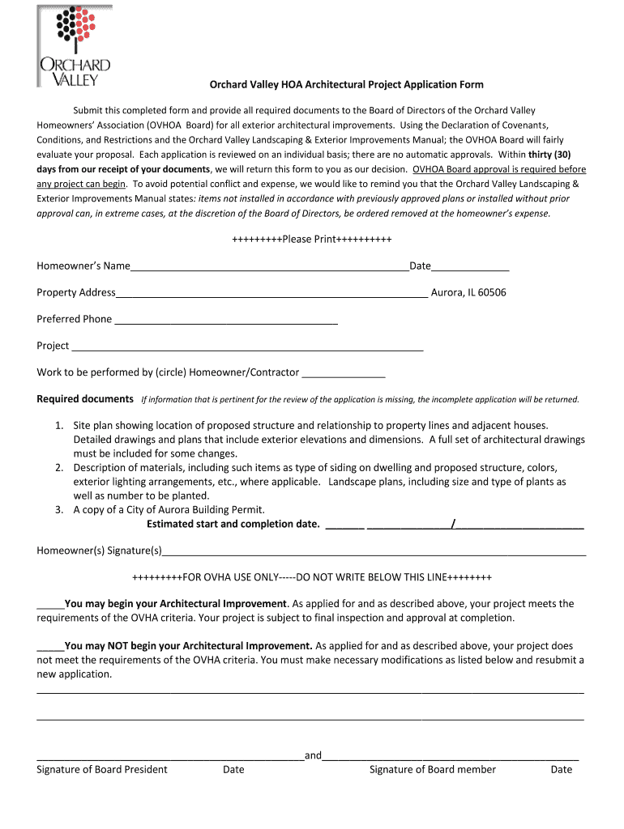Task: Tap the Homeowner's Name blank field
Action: tap(269, 267)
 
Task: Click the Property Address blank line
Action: tap(271, 293)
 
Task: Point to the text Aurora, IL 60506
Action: tap(468, 292)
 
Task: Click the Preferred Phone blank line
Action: tap(225, 320)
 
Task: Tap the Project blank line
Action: tap(247, 346)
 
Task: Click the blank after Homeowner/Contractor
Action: tap(343, 373)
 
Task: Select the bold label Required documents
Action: tap(85, 399)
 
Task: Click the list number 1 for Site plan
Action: tap(59, 425)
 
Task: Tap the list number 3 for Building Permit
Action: tap(59, 510)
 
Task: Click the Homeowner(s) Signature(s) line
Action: tap(374, 552)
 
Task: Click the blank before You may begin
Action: tap(50, 604)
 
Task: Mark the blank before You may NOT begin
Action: tap(50, 647)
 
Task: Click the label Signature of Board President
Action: tap(102, 770)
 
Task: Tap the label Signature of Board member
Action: tap(433, 770)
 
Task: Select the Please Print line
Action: tap(311, 240)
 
